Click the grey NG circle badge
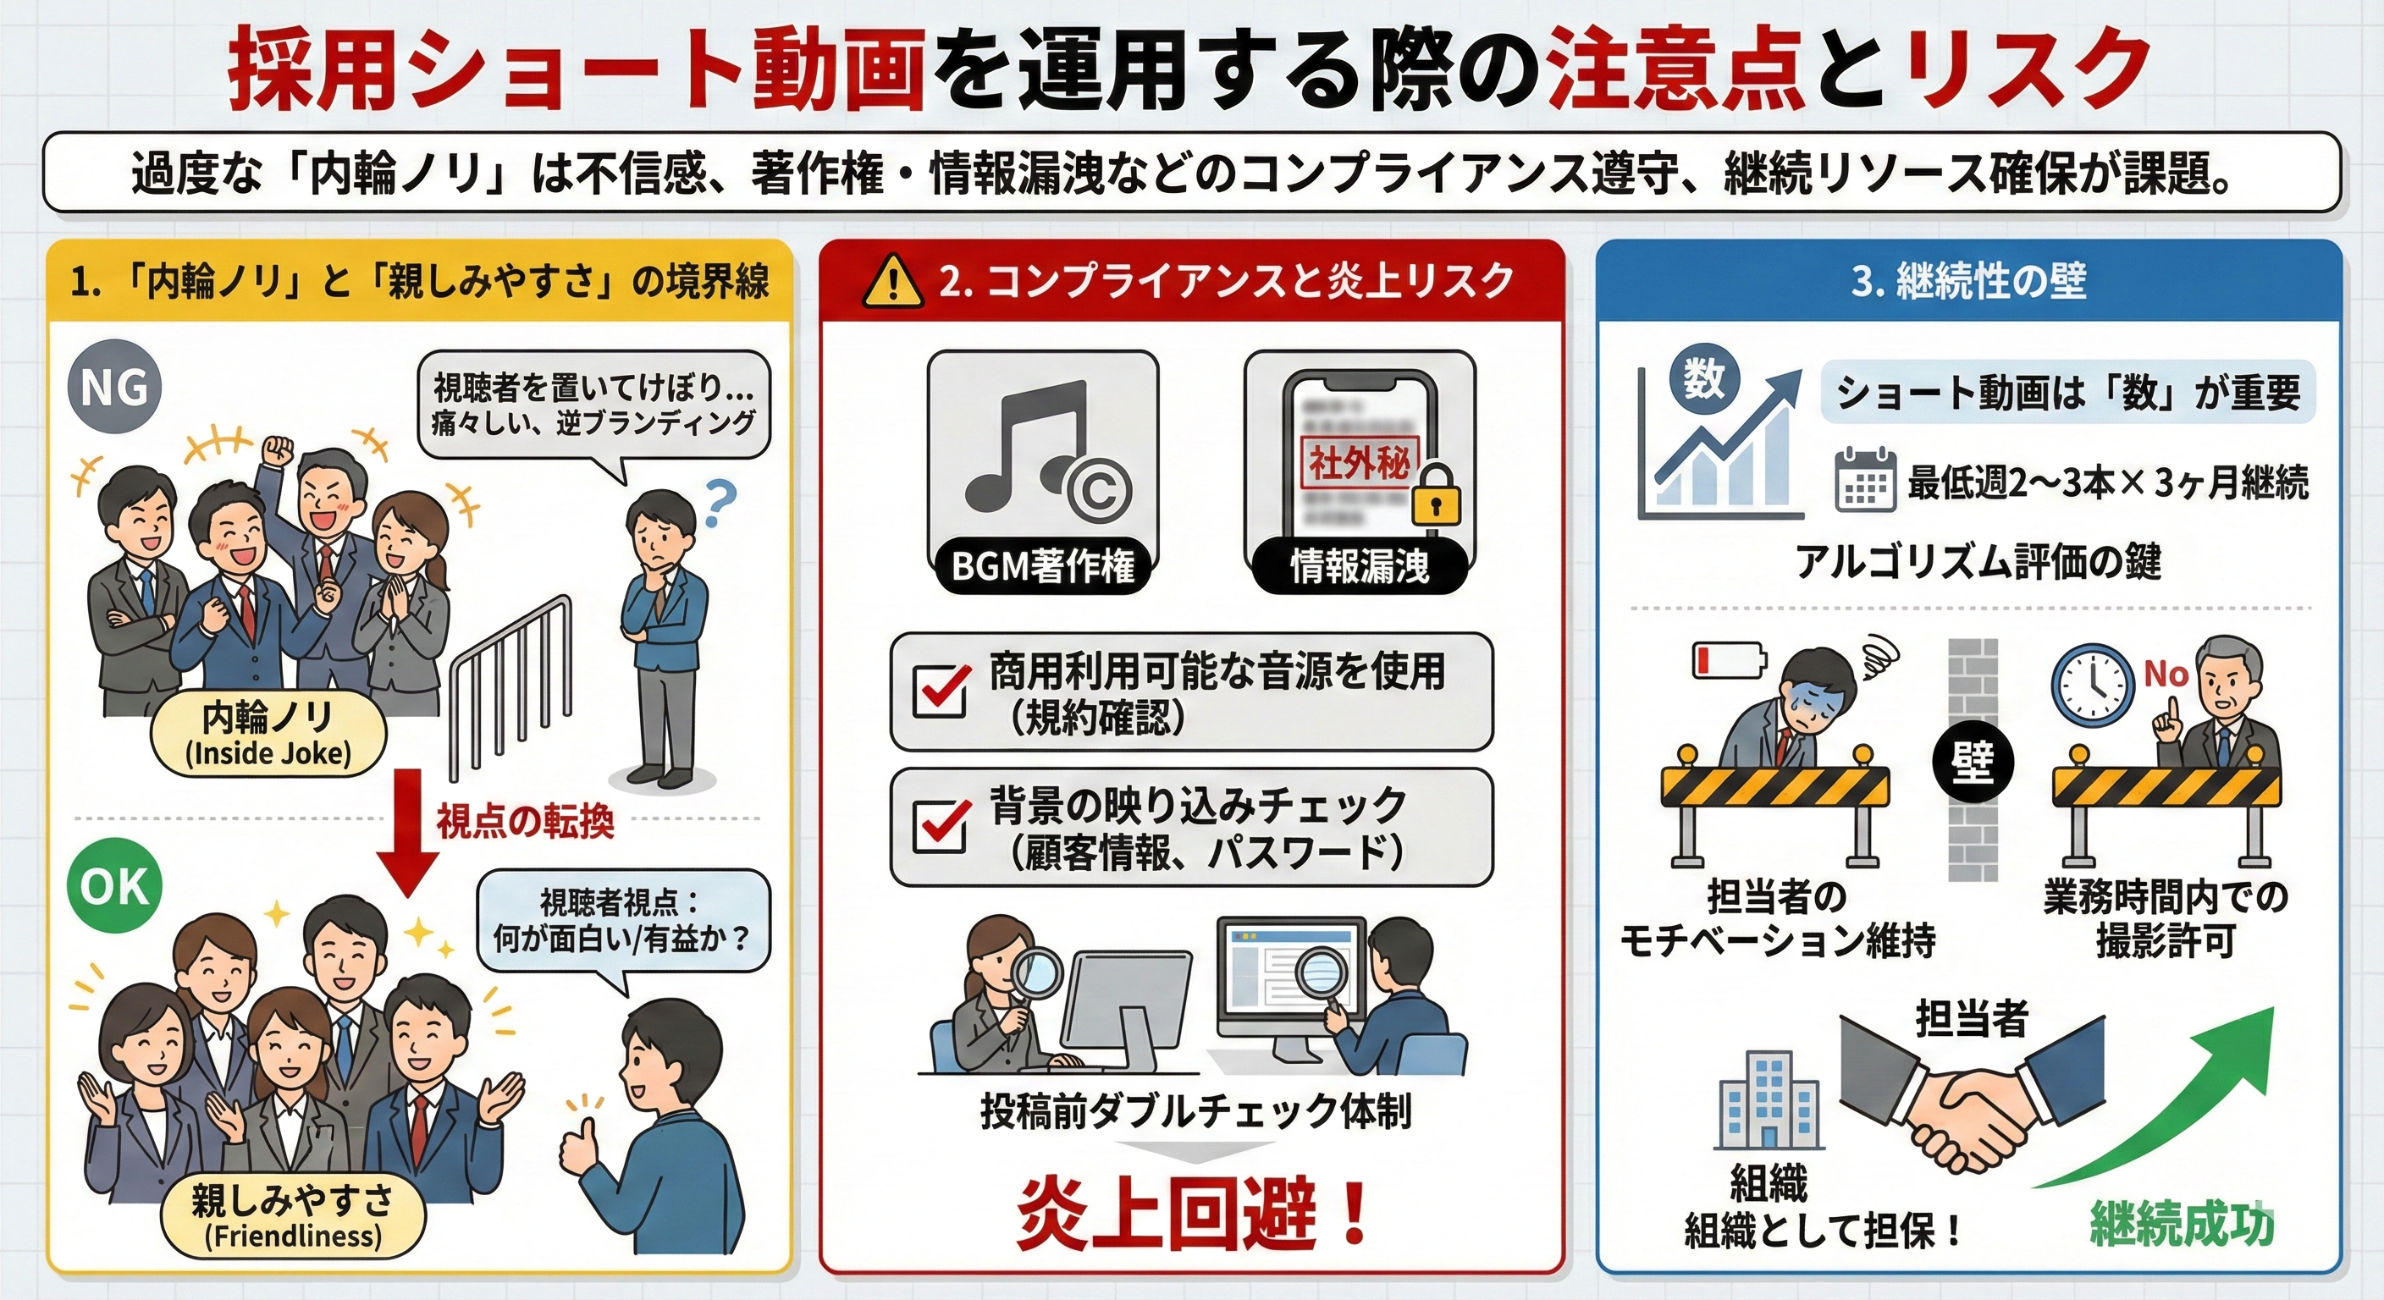click(115, 388)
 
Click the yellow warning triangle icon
click(892, 281)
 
